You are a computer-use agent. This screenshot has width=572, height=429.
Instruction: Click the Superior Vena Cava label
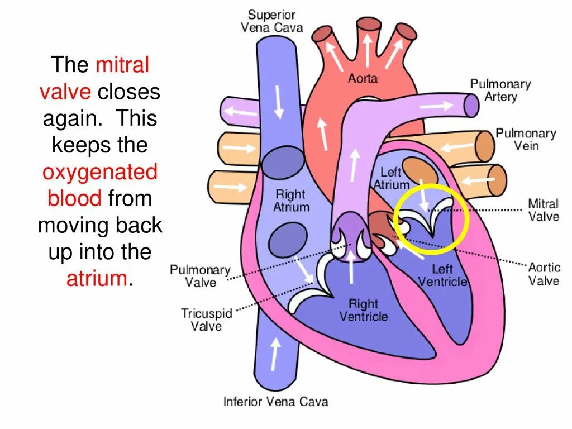point(271,21)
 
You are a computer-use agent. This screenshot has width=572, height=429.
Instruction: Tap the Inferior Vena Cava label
point(275,401)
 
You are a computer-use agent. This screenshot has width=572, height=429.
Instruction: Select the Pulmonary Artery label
point(500,90)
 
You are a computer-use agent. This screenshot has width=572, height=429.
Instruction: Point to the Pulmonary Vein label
point(526,139)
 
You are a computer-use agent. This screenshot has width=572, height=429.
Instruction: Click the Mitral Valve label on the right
point(543,209)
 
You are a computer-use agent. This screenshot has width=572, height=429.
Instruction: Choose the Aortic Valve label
point(544,273)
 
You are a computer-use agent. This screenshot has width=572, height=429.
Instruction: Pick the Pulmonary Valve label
point(200,276)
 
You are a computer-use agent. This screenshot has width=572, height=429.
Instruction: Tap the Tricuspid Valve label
point(206,320)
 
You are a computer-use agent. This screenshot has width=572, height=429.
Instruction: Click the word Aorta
point(363,78)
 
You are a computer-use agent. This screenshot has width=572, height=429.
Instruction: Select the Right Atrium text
point(290,201)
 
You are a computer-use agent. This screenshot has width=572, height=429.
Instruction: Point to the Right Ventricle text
point(363,310)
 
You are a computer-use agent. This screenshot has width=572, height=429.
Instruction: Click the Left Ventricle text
point(442,275)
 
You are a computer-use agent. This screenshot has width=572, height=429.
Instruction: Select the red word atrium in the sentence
point(97,278)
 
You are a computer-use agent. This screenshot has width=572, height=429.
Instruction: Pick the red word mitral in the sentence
point(122,65)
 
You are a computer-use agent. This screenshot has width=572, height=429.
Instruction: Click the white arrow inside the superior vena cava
point(278,101)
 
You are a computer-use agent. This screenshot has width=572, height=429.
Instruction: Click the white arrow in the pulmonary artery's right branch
point(438,105)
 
